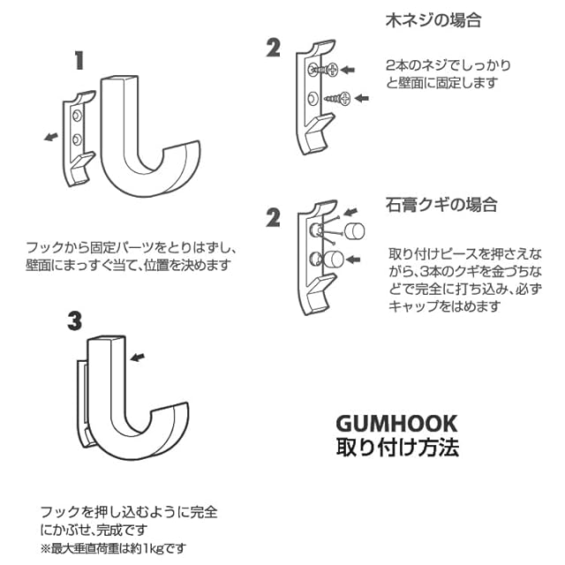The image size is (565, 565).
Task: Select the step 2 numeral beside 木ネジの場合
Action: tap(273, 49)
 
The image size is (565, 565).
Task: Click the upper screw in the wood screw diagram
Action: tap(324, 69)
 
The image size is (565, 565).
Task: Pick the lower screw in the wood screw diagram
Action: tap(338, 97)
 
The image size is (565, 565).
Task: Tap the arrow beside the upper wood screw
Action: tap(350, 68)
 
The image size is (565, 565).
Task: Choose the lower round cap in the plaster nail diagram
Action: tap(334, 260)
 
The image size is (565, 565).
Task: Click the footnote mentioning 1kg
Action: tap(114, 548)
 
